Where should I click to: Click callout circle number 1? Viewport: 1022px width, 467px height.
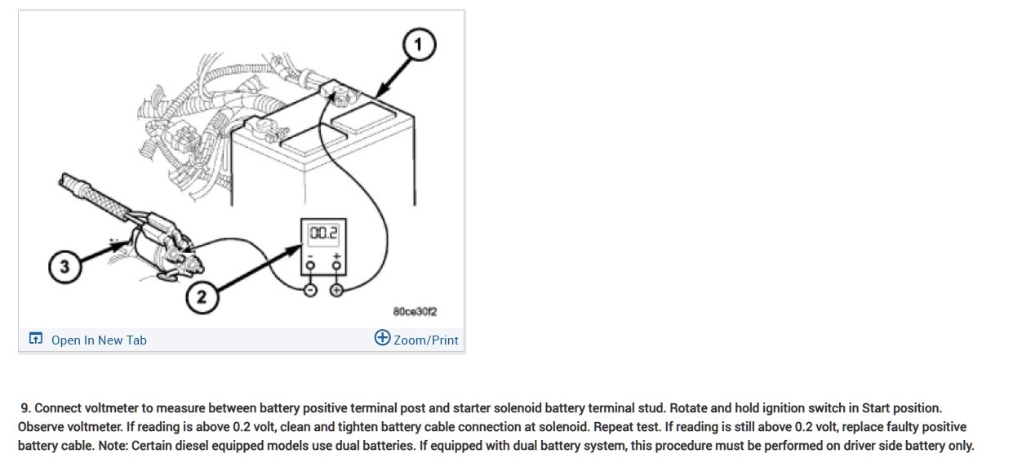pos(420,46)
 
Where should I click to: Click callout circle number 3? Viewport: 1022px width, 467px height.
pos(64,267)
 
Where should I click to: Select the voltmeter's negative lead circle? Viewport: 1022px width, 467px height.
pos(310,291)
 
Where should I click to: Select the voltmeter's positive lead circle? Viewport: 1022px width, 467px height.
pos(336,291)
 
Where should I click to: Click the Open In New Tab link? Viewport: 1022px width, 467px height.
pos(99,340)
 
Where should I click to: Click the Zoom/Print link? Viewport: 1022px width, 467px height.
pos(425,340)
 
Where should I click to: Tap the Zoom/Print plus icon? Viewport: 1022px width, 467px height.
pos(382,338)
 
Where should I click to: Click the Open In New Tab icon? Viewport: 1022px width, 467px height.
pos(35,339)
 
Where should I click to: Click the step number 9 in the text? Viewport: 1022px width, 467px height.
pos(25,407)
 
